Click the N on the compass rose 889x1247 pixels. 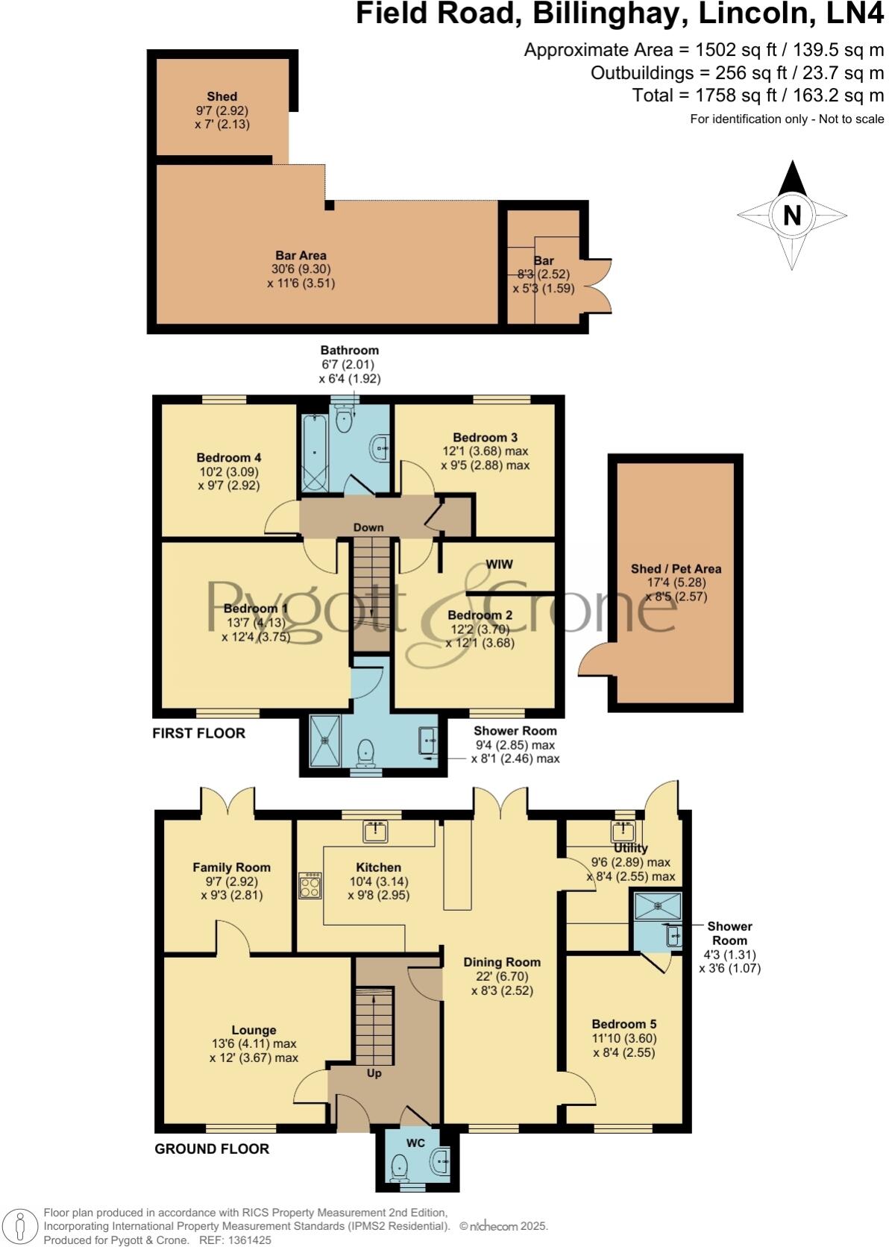pyautogui.click(x=792, y=216)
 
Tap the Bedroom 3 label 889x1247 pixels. pyautogui.click(x=485, y=438)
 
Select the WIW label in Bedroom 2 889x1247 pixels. pyautogui.click(x=499, y=565)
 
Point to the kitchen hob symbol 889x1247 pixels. pyautogui.click(x=310, y=885)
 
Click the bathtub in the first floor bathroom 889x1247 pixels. pyautogui.click(x=314, y=454)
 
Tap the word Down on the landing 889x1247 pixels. pyautogui.click(x=368, y=527)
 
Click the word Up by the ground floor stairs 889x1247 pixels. pyautogui.click(x=374, y=1073)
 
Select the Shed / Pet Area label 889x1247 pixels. pyautogui.click(x=676, y=569)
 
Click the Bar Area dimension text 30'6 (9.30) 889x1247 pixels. pyautogui.click(x=301, y=269)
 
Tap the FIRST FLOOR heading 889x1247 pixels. pyautogui.click(x=198, y=733)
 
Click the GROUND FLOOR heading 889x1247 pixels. pyautogui.click(x=212, y=1149)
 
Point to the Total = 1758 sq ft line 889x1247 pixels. pyautogui.click(x=758, y=95)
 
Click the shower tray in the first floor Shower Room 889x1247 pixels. pyautogui.click(x=324, y=741)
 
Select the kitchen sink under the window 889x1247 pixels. pyautogui.click(x=374, y=830)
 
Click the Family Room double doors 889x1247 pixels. pyautogui.click(x=228, y=802)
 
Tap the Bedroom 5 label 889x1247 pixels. pyautogui.click(x=624, y=1024)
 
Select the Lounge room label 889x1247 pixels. pyautogui.click(x=254, y=1030)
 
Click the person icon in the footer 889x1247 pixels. pyautogui.click(x=21, y=1227)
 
